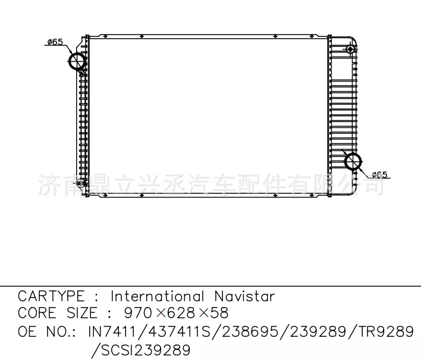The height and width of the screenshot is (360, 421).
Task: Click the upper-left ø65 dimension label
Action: coord(55,42)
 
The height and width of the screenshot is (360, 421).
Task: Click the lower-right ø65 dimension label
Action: coord(379,174)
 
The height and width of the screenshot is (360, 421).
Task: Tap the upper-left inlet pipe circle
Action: coord(78,62)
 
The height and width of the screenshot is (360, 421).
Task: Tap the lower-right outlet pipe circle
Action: coord(353,161)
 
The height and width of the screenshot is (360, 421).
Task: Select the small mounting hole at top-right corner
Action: coord(351,48)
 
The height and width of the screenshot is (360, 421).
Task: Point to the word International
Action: coord(158,296)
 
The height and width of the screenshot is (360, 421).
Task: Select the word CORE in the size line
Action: coord(37,313)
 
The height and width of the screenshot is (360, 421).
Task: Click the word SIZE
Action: coord(81,313)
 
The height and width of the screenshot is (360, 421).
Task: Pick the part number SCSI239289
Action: coord(144,349)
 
